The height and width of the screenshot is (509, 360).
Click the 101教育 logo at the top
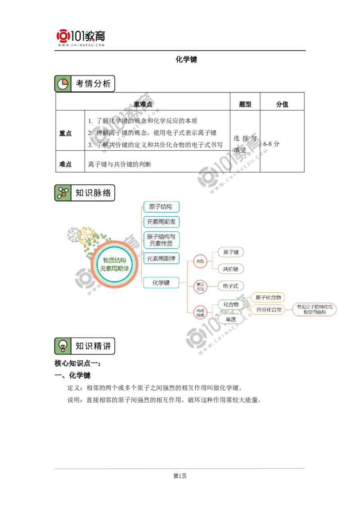81,37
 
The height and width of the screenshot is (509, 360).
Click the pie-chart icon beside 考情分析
63,84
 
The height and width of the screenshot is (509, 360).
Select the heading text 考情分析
93,84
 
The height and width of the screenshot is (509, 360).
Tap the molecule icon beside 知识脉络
63,193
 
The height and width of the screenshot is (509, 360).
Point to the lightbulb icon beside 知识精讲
63,346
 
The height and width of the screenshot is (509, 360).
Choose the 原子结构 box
161,207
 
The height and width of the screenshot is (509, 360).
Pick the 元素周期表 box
161,222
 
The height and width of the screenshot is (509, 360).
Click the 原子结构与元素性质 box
161,240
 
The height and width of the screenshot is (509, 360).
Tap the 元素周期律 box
161,259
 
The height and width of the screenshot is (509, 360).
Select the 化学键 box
161,283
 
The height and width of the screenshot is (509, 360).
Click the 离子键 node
230,252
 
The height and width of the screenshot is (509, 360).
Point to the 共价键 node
230,269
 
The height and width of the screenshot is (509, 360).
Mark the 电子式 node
230,286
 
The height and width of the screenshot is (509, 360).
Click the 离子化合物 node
268,297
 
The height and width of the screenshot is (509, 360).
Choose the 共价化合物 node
268,309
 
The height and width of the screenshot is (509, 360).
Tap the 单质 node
230,319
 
